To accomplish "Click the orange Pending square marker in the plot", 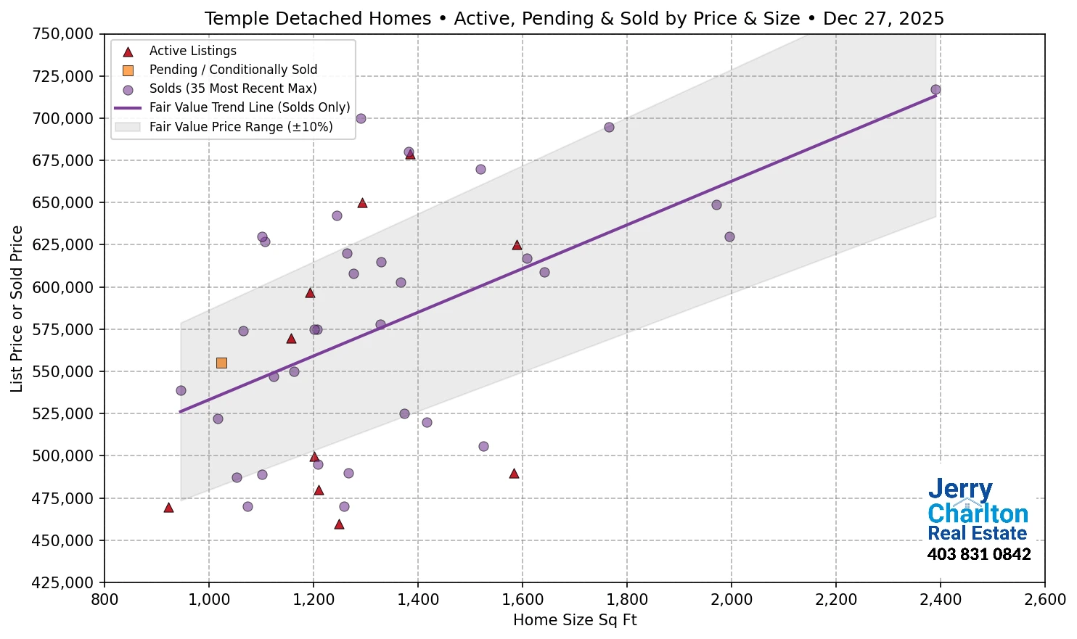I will (221, 363).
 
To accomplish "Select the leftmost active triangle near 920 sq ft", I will (168, 508).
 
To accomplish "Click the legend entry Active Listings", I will (192, 51).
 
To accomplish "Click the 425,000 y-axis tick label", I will (64, 582).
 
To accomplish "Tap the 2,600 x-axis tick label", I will (1044, 600).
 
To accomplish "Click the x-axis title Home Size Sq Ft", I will (575, 621).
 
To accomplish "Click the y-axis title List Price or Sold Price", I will (17, 308).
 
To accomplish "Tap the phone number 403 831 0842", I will (978, 555).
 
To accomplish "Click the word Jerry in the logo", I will (960, 490).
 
